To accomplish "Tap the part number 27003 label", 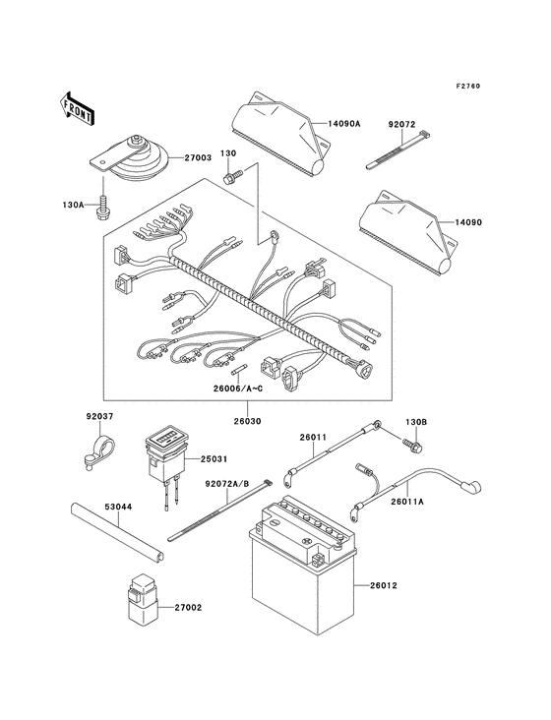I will (x=198, y=156).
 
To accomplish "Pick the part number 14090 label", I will (x=494, y=223).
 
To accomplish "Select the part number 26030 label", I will (x=247, y=419).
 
